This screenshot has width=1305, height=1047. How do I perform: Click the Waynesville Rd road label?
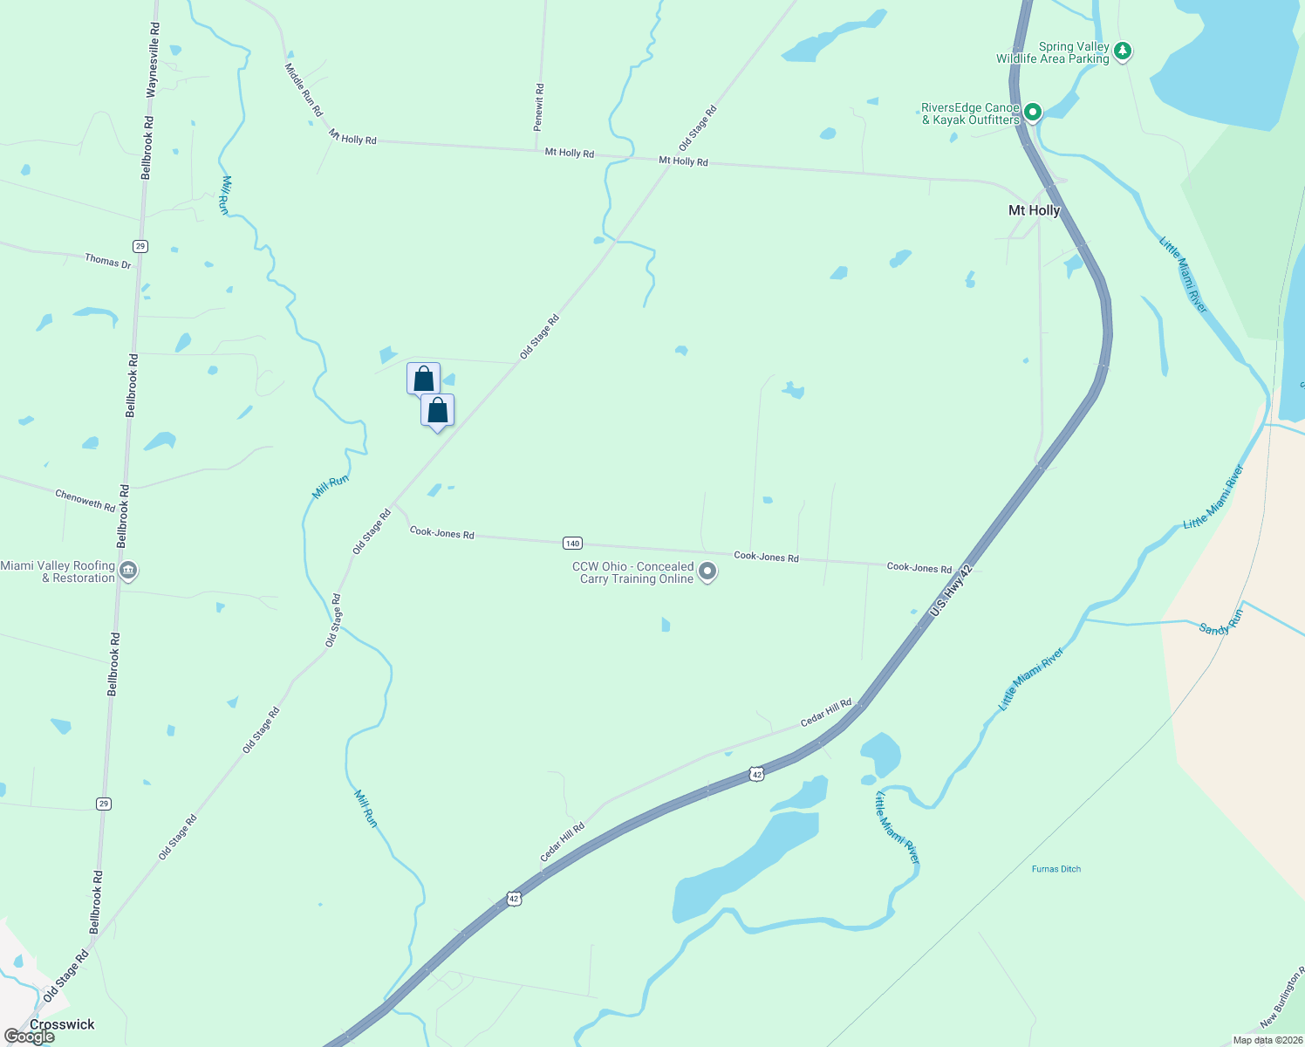(154, 60)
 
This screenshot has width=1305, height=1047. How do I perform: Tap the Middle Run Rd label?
(304, 90)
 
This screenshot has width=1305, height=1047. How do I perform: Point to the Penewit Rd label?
(540, 107)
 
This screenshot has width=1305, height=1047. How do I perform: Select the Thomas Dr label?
(108, 261)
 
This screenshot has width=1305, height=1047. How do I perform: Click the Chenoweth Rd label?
(85, 501)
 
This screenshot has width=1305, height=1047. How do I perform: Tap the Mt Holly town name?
(1034, 210)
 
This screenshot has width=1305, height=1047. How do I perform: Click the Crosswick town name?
(62, 1024)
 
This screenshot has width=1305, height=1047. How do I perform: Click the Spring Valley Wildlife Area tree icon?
(1123, 51)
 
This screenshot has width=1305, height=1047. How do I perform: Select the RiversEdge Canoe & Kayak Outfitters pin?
(1033, 112)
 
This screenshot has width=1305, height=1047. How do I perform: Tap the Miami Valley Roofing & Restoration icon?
(128, 571)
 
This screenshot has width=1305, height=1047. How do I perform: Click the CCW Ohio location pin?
(707, 571)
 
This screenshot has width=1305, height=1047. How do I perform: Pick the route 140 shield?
(572, 544)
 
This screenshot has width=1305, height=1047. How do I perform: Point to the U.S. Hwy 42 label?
(951, 591)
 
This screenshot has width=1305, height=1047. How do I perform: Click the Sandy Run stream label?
(1220, 622)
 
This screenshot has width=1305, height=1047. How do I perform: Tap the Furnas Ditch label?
(1056, 869)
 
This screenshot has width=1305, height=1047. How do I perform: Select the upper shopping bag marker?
(423, 379)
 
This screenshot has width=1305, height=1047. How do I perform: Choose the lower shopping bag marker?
(437, 410)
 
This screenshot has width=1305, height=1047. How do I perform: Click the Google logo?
(30, 1037)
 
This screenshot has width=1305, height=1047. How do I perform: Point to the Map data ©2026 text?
(1267, 1040)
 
